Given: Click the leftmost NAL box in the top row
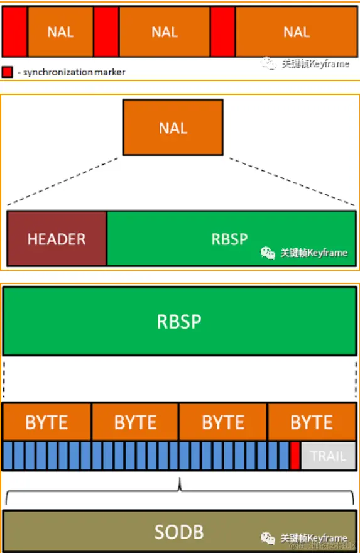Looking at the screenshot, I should [60, 32].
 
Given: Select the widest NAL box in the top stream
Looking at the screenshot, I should [296, 32].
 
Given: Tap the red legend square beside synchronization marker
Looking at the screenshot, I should [8, 72].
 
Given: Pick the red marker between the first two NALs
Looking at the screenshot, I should [106, 32].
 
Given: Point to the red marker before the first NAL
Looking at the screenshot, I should [14, 32].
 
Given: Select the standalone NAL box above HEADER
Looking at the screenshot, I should [173, 128].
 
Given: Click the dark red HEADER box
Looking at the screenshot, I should [57, 239].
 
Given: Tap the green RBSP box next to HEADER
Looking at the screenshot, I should [230, 239].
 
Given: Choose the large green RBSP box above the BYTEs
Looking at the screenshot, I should [179, 321].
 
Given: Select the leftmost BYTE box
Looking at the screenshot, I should [47, 422].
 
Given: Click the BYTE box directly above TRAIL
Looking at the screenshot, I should [311, 422].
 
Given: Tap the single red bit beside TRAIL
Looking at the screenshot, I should [295, 456].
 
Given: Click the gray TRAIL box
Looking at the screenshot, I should [328, 456].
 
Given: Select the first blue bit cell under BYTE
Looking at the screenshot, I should [7, 456].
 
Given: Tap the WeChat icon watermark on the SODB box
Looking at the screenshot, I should [268, 539].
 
